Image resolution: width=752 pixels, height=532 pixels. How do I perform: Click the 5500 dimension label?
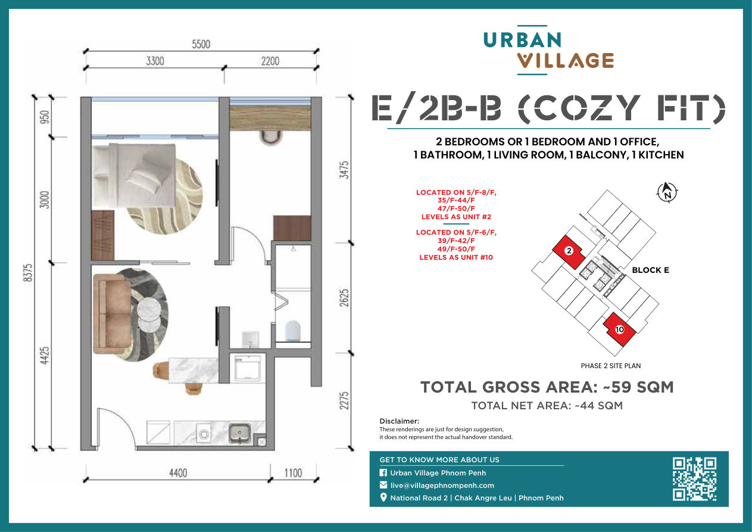click(201, 44)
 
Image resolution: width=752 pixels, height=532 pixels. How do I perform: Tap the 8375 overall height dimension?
click(29, 273)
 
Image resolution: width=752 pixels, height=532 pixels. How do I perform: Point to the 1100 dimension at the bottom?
click(293, 473)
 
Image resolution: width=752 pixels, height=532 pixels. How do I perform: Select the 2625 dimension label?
click(344, 298)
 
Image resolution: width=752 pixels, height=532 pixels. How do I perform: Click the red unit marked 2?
click(569, 251)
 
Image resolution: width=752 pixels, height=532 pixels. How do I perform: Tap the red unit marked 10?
click(620, 329)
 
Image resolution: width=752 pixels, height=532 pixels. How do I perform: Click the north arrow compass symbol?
click(667, 193)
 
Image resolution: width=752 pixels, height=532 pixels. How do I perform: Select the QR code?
click(695, 479)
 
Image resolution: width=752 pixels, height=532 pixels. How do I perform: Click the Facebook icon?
click(383, 473)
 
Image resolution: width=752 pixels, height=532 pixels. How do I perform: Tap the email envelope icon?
click(383, 485)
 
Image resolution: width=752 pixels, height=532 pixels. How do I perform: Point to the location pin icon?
click(383, 497)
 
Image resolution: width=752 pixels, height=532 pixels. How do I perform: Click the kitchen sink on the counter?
click(239, 433)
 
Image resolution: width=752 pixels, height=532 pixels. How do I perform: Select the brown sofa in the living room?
click(112, 314)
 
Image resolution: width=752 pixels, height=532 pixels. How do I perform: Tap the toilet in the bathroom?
click(292, 331)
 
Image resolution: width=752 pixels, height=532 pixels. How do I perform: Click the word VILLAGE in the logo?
click(566, 61)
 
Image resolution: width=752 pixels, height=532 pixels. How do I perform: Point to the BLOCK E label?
click(650, 270)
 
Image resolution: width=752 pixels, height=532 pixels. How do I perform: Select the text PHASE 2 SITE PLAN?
click(611, 366)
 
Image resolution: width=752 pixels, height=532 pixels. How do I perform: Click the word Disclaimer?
click(399, 421)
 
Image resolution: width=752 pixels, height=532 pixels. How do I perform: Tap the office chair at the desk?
click(270, 138)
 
